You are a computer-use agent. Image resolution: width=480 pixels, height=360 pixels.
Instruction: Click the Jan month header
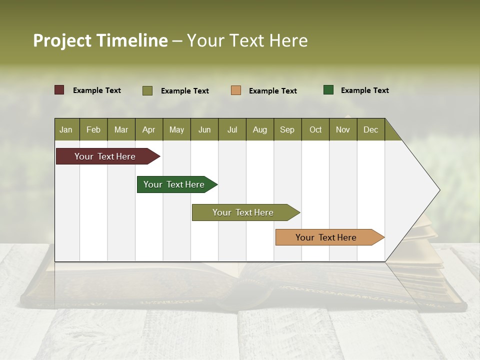(x=66, y=129)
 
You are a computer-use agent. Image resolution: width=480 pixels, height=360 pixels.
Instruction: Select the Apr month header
(x=148, y=129)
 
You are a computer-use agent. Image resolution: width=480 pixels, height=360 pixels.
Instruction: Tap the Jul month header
(x=232, y=129)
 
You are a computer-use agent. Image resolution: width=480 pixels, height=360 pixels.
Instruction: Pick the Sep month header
(x=287, y=129)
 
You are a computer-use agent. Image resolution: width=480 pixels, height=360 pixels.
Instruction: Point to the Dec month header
(x=370, y=129)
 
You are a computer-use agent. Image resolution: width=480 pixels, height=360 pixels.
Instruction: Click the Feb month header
(x=93, y=129)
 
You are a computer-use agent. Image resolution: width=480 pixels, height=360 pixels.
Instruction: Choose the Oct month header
(x=315, y=129)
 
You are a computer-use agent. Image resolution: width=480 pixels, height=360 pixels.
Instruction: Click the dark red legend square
(x=59, y=90)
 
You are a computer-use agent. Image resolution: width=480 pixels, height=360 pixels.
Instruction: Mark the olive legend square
(x=147, y=90)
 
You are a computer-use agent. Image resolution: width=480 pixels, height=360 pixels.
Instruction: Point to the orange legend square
(x=236, y=90)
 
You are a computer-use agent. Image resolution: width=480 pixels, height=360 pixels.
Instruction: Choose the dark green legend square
(x=328, y=90)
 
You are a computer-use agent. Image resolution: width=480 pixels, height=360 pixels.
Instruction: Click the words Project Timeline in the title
(x=100, y=40)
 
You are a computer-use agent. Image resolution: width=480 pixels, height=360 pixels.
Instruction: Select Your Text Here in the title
(x=247, y=40)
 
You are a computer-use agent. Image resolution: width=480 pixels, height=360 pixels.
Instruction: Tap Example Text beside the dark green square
(x=364, y=90)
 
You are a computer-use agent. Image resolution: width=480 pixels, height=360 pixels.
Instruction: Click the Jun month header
(x=204, y=129)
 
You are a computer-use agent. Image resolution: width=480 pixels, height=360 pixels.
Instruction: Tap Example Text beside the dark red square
(x=96, y=90)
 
